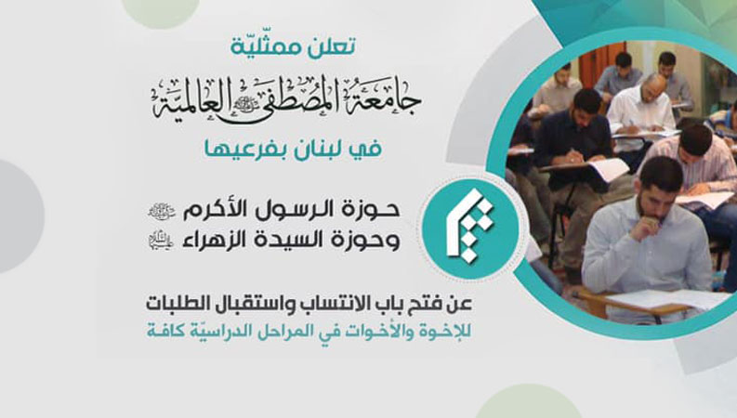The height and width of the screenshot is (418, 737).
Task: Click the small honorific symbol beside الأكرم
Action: tap(161, 212)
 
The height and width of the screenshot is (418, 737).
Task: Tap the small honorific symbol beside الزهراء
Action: tap(161, 241)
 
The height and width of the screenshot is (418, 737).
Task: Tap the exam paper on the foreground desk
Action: tap(666, 300)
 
